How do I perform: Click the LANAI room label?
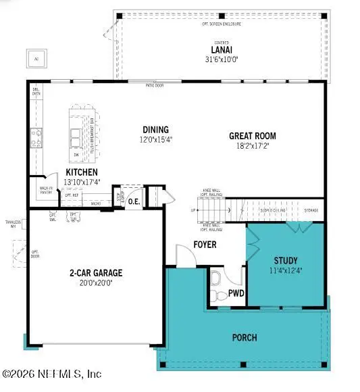(x=219, y=49)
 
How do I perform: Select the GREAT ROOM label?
(x=253, y=136)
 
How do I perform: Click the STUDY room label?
(x=285, y=260)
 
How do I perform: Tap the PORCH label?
(x=244, y=337)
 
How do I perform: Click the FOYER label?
(x=204, y=244)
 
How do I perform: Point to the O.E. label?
(x=134, y=200)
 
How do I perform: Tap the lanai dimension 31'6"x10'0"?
(x=219, y=58)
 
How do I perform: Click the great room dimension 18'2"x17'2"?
(x=253, y=146)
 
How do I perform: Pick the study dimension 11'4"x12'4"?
(x=285, y=270)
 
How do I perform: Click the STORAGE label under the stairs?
(x=311, y=210)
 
